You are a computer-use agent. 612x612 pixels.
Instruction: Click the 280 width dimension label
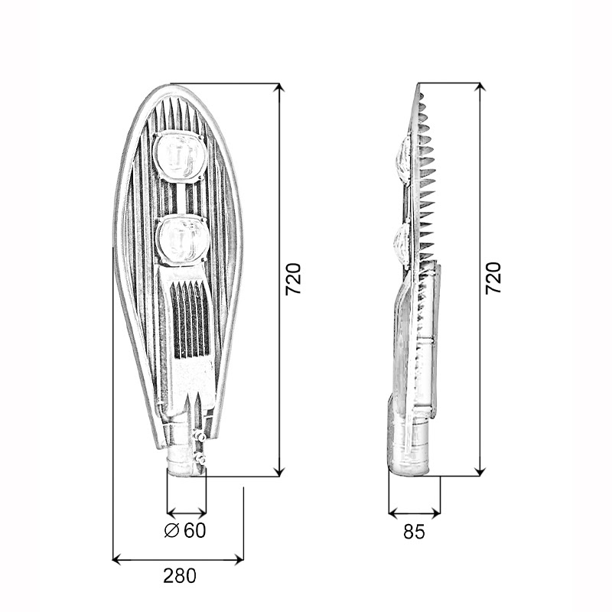click(180, 576)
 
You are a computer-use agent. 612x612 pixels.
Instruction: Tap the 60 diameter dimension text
click(195, 529)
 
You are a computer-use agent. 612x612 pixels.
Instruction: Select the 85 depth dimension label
click(414, 531)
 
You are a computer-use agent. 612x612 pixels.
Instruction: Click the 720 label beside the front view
click(294, 279)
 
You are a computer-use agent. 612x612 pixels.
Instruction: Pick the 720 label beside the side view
click(493, 278)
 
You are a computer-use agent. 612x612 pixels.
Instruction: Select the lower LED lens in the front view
click(183, 239)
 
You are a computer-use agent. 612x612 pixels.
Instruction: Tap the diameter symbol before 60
click(171, 529)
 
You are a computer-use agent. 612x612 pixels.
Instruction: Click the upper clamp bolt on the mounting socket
click(200, 436)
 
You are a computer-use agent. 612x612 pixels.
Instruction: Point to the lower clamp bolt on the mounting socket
click(200, 459)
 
